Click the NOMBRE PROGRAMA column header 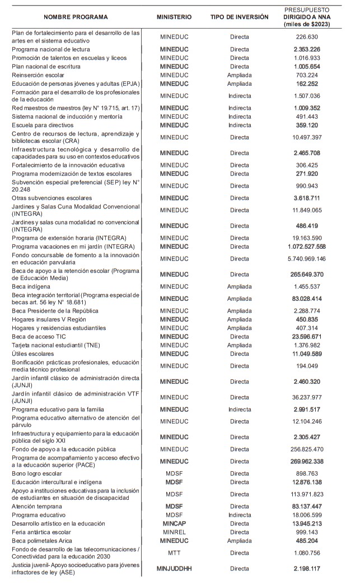[76, 17]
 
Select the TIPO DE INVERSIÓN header [239, 17]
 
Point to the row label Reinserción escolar [39, 75]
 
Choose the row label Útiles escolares [34, 354]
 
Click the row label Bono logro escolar [39, 473]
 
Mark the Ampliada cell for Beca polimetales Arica [239, 541]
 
